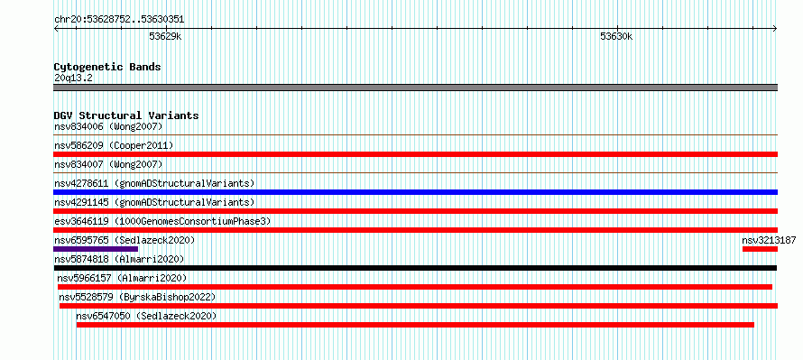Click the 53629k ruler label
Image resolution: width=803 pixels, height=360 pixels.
165,36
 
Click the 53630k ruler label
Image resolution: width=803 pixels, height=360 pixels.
616,36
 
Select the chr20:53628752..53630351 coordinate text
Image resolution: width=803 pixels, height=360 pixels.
119,20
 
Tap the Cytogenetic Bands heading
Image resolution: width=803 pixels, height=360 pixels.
107,67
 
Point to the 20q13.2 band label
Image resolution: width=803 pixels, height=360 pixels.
73,78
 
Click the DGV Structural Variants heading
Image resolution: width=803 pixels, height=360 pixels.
126,115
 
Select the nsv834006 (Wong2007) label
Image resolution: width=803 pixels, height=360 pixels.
108,126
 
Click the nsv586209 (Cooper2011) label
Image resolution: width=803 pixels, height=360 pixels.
114,145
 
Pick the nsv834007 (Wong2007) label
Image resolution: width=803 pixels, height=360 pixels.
108,164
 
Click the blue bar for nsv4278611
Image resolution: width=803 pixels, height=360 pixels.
415,192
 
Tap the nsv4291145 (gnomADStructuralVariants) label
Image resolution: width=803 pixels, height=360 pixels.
154,202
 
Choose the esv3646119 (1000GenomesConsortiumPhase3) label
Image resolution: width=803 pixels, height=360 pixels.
162,221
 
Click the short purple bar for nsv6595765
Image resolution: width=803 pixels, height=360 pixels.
96,249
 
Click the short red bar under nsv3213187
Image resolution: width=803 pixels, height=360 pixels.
760,249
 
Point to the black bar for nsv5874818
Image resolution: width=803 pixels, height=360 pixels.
415,268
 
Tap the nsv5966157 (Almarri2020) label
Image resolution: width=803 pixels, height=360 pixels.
122,278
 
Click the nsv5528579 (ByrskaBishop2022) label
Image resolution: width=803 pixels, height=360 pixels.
137,297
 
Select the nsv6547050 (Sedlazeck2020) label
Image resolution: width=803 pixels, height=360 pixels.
146,316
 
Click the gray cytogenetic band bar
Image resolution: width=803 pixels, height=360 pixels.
415,88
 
